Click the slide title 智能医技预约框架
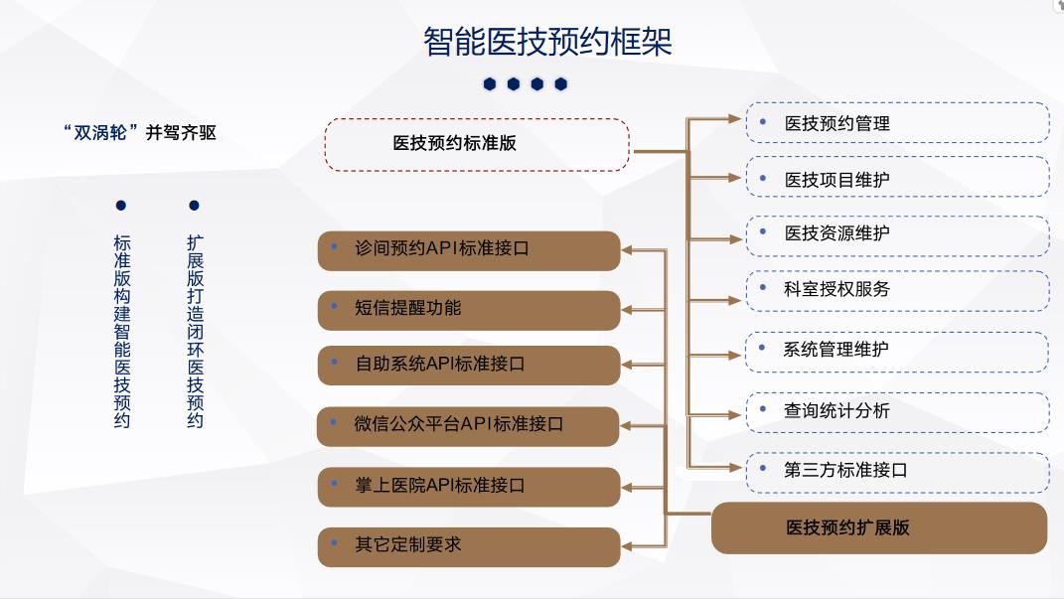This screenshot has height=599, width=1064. click(547, 42)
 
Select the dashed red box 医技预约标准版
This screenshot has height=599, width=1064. click(477, 144)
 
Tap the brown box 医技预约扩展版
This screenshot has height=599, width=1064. click(879, 527)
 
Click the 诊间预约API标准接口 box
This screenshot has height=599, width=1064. click(469, 251)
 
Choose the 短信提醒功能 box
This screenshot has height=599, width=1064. click(469, 310)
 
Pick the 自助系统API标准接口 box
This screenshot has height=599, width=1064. click(469, 365)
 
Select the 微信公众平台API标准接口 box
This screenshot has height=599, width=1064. click(468, 426)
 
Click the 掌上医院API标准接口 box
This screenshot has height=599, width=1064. click(469, 487)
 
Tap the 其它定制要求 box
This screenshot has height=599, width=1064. click(469, 546)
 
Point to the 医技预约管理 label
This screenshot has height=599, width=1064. click(836, 123)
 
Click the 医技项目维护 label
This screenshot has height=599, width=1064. click(836, 180)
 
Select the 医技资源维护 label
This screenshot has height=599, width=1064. click(836, 233)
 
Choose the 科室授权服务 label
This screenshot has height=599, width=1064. click(836, 289)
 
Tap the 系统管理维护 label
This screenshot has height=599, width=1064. click(836, 350)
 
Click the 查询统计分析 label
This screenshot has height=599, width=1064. click(836, 410)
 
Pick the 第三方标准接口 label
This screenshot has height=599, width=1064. click(845, 470)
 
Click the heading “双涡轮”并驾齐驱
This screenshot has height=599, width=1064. click(140, 132)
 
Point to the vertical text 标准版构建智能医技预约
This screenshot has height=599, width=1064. click(121, 331)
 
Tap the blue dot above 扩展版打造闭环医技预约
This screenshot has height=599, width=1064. click(194, 205)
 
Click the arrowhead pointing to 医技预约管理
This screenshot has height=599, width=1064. click(734, 119)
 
